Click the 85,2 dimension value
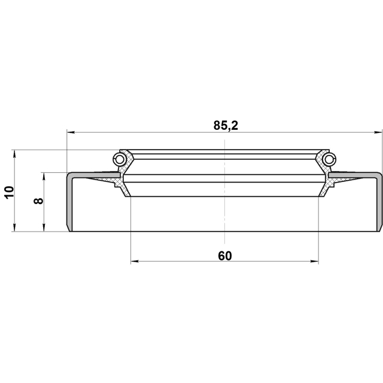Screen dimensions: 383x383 tap(226, 125)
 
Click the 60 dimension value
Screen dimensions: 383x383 tap(225, 256)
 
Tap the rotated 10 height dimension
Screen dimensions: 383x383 tap(10, 193)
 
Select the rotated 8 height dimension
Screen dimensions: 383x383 tap(38, 201)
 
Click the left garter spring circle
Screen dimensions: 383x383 tap(119, 160)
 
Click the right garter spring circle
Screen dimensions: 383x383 tap(329, 160)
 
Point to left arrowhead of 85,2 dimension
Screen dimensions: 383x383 tap(71, 132)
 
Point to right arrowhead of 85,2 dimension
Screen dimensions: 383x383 tap(378, 132)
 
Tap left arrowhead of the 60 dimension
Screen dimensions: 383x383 tap(135, 262)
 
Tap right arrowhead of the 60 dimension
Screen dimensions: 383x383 tap(315, 262)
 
